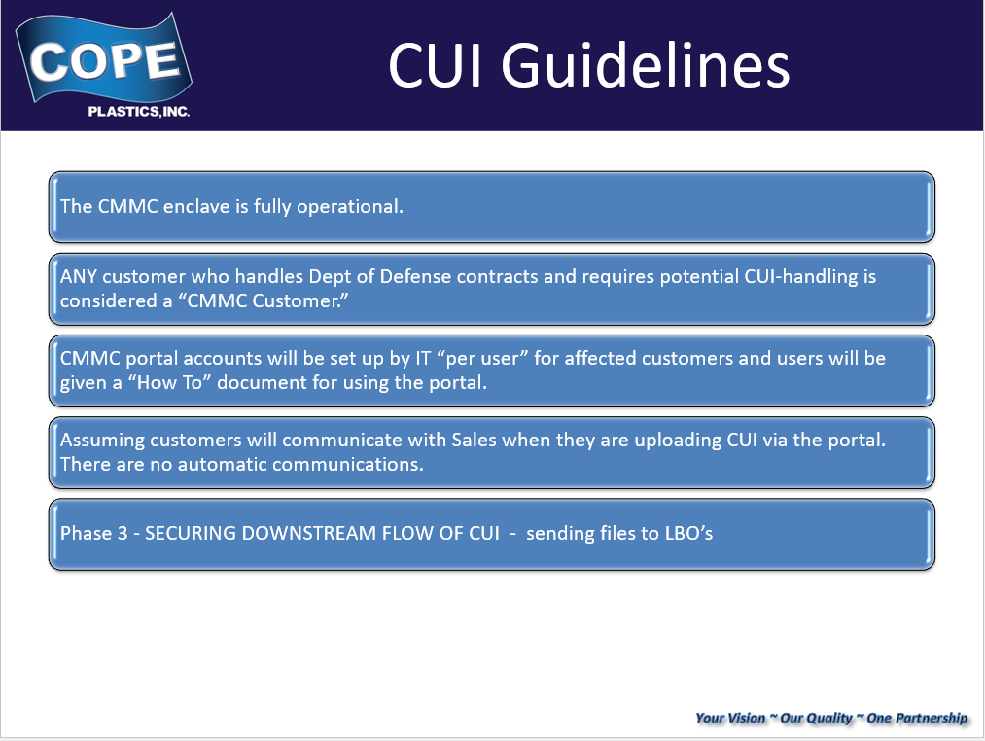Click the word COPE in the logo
coord(106,61)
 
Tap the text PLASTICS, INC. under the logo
coord(139,112)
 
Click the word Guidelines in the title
coord(645,65)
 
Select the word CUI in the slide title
coord(436,65)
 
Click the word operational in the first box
coord(349,207)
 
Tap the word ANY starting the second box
coord(79,276)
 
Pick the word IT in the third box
coord(423,358)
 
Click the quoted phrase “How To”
coord(169,382)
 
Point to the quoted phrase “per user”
coord(482,358)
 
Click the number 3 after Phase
coord(123,533)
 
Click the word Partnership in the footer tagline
coord(917,718)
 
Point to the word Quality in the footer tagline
coord(816,718)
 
